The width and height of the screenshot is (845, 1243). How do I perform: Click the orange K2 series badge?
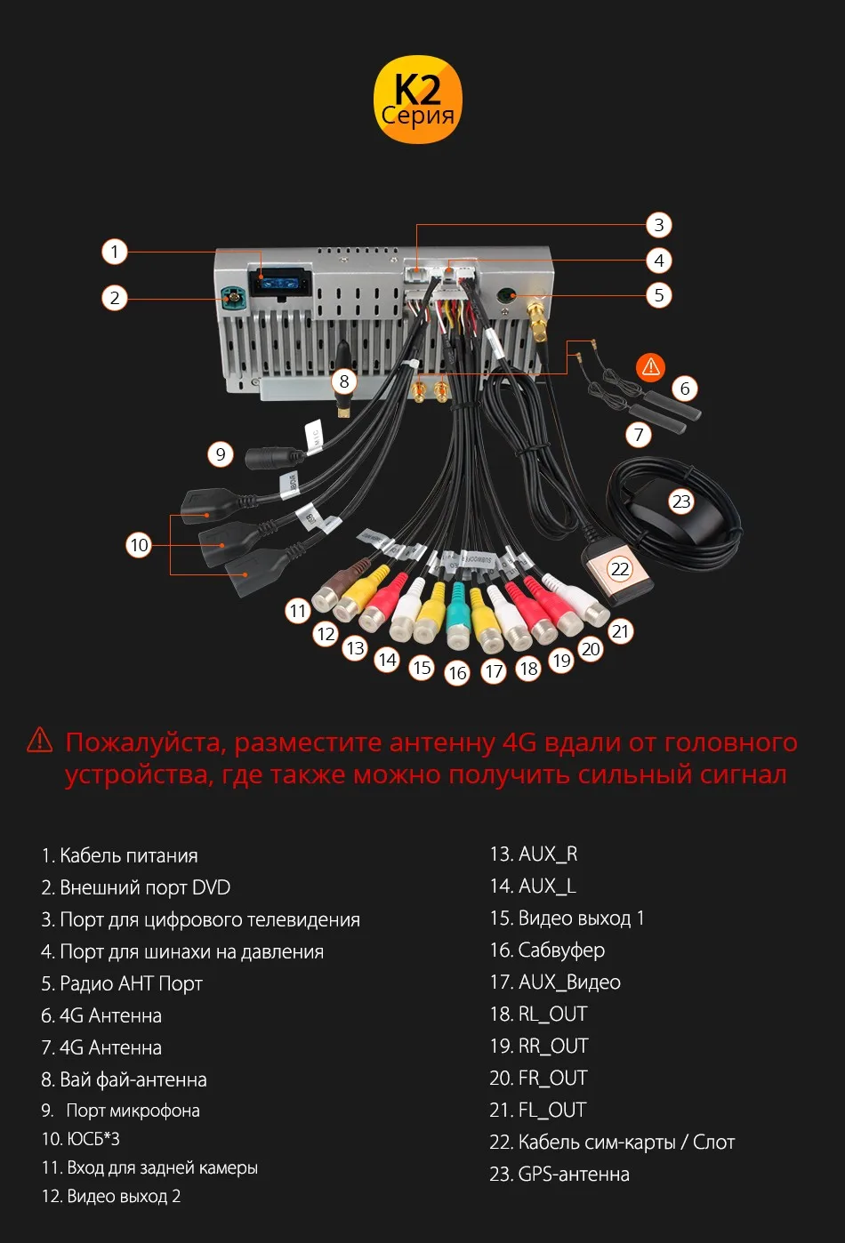pos(417,100)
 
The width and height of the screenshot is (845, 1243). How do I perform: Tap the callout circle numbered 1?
pos(114,252)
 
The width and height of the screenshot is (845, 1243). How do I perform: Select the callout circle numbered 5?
pos(658,295)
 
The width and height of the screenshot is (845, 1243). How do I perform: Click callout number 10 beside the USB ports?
pos(139,545)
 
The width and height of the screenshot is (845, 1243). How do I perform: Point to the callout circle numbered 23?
pos(680,501)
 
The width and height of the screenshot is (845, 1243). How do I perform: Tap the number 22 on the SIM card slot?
pos(619,569)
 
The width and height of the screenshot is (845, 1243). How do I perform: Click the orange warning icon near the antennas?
pos(650,365)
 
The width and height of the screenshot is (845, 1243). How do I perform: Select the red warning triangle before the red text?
pos(40,740)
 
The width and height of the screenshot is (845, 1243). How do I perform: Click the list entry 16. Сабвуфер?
pos(547,950)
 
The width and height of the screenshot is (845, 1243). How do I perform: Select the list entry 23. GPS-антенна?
pos(559,1174)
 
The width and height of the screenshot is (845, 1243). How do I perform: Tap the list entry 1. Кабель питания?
pos(119,855)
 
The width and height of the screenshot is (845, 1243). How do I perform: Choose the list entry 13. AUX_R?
pos(533,854)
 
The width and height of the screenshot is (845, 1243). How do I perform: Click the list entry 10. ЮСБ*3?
pos(80,1138)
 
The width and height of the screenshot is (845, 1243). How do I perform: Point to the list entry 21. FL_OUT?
pos(537,1110)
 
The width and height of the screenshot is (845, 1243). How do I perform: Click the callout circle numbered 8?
pos(344,382)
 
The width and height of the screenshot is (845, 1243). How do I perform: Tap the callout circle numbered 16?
pos(457,673)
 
